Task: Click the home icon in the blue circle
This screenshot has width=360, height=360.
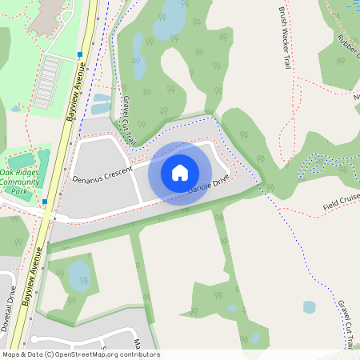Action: [180, 173]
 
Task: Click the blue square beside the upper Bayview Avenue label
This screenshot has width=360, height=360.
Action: [80, 54]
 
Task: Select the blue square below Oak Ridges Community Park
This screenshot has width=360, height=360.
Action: [45, 202]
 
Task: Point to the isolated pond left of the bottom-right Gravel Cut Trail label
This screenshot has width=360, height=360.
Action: [310, 306]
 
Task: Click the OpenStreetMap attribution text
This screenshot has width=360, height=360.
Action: [81, 354]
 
